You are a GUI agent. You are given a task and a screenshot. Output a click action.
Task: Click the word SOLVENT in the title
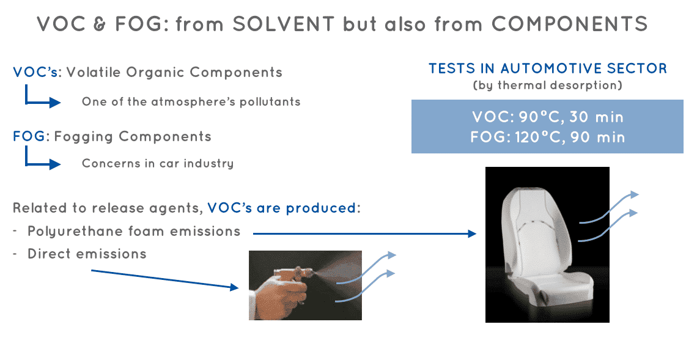(x=283, y=24)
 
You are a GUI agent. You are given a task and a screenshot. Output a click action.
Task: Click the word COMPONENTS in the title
(x=569, y=24)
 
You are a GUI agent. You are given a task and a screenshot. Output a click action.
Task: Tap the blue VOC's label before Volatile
(x=35, y=72)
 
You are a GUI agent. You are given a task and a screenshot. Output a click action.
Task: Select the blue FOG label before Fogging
(x=29, y=136)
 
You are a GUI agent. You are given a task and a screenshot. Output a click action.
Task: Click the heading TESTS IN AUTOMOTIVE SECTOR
(x=548, y=68)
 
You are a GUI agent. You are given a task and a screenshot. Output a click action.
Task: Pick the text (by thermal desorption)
(x=547, y=85)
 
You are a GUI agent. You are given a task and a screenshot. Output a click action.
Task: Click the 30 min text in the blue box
(x=597, y=117)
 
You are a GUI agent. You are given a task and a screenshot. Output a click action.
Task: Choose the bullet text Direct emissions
(x=87, y=254)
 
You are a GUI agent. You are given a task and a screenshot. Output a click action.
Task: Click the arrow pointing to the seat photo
(x=364, y=233)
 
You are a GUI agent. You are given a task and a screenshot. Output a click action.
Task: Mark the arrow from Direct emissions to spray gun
(x=165, y=279)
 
